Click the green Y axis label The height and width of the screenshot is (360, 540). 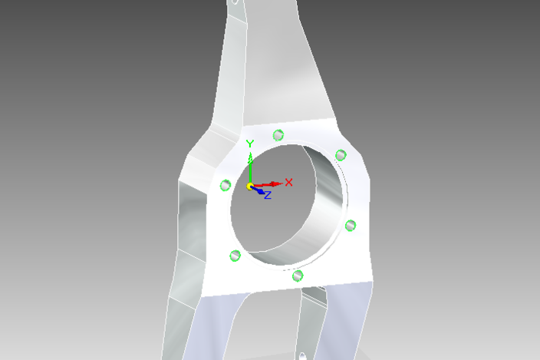tap(250, 144)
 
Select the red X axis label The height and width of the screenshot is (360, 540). tap(289, 182)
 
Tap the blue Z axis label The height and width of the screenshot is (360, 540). tap(268, 196)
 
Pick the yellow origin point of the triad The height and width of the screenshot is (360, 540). tap(250, 187)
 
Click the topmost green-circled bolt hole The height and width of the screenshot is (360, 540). tap(278, 135)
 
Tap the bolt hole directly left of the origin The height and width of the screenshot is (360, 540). tap(226, 185)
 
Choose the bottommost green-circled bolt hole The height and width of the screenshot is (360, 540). tap(298, 275)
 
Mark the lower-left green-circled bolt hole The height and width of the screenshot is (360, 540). tap(235, 255)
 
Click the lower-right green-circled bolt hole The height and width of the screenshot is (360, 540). tap(351, 225)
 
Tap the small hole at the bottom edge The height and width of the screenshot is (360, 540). tap(301, 355)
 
